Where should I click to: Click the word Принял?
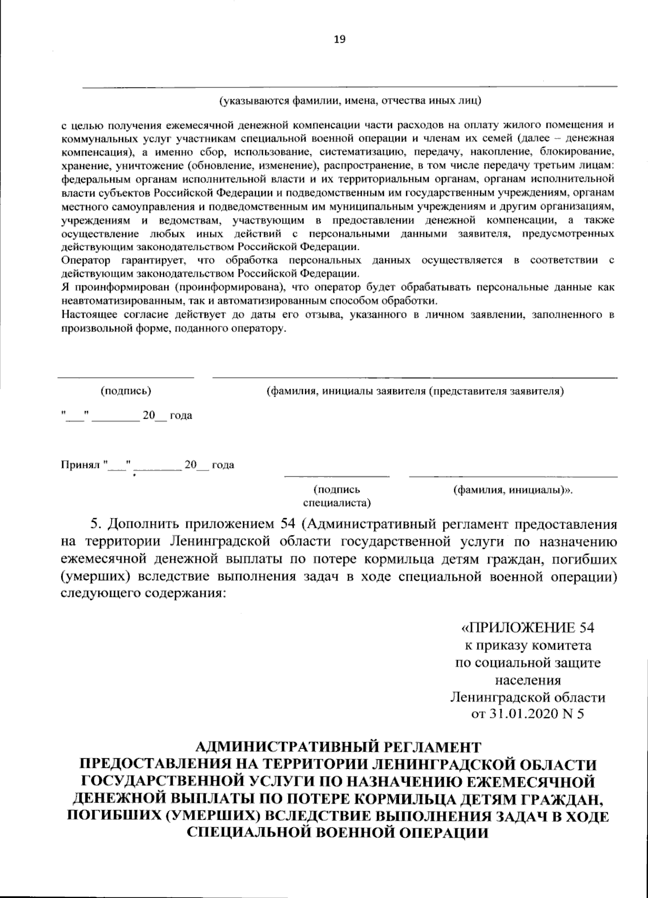pos(80,465)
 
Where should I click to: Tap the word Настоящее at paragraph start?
pos(88,315)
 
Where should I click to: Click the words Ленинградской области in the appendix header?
pos(528,697)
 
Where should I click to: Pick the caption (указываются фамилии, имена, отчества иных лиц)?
pos(350,101)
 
